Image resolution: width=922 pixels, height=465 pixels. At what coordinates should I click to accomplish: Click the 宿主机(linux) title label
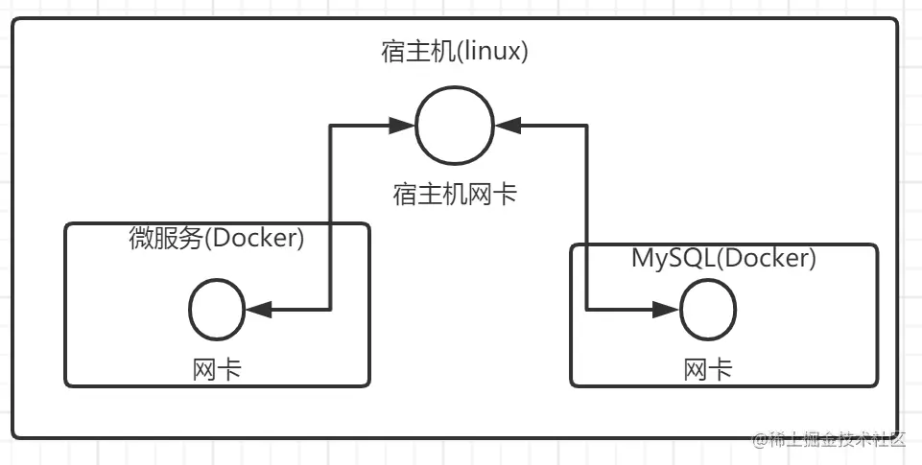(455, 52)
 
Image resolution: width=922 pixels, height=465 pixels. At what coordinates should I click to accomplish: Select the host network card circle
(455, 125)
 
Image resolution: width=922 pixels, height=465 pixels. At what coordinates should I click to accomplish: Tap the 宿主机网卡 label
(455, 195)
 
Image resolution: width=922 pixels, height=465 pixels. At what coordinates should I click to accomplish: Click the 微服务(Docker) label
(217, 239)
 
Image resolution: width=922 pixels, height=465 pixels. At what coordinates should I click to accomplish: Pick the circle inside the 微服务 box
(217, 310)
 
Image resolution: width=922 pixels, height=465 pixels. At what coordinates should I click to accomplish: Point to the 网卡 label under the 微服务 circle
(217, 369)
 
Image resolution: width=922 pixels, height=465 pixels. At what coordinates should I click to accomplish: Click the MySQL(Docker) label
(723, 258)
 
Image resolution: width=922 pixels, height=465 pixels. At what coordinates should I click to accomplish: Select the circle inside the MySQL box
(708, 310)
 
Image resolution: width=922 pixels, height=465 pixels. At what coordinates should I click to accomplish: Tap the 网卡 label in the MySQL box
(708, 369)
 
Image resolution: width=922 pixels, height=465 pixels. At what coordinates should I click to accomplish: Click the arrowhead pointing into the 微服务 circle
(256, 310)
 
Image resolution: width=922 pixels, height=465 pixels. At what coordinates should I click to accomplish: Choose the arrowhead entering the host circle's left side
(403, 125)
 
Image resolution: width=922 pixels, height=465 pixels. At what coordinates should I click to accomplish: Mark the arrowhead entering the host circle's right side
(507, 125)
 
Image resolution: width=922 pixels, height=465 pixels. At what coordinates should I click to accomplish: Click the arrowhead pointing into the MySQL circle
(668, 310)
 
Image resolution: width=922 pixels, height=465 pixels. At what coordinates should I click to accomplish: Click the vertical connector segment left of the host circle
(331, 216)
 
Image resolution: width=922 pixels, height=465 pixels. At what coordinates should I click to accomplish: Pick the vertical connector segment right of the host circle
(587, 216)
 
